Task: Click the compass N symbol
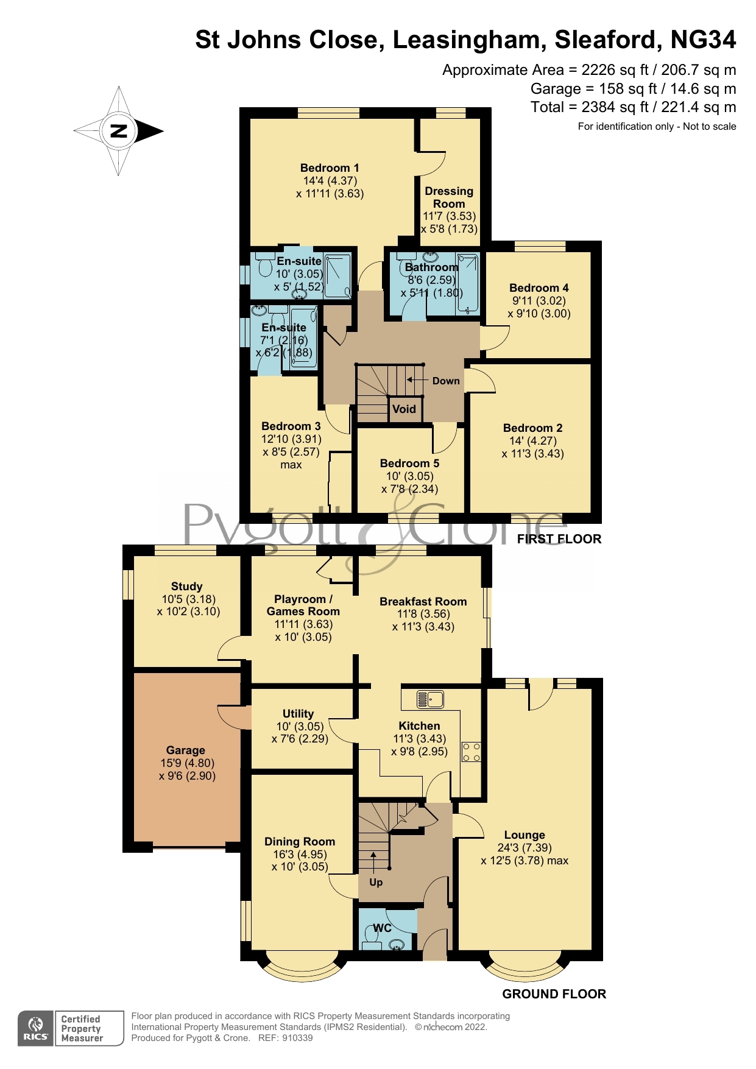[x=119, y=131]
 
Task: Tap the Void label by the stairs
[x=404, y=409]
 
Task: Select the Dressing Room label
[x=449, y=197]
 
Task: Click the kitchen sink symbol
[x=430, y=699]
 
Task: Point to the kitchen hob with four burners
[x=472, y=752]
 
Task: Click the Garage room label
[x=186, y=750]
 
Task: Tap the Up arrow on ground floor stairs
[x=373, y=863]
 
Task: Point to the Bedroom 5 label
[x=409, y=464]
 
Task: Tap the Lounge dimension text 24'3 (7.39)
[x=525, y=848]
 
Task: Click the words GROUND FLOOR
[x=554, y=994]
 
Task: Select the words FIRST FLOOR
[x=559, y=539]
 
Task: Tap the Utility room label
[x=298, y=714]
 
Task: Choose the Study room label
[x=186, y=587]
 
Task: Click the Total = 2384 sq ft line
[x=633, y=108]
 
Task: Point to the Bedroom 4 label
[x=539, y=288]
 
